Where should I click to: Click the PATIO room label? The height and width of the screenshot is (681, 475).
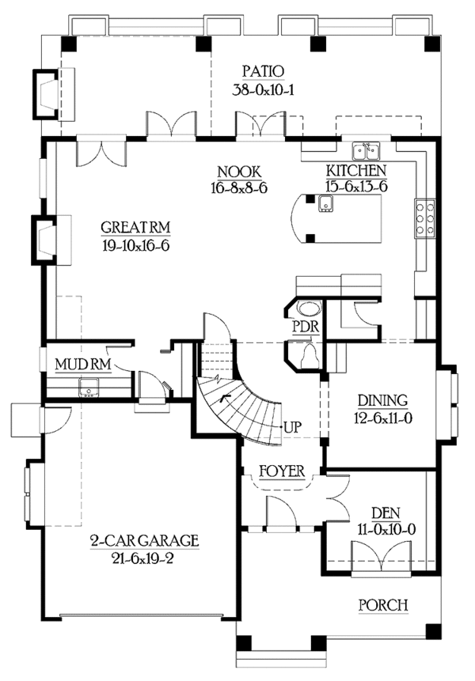tap(258, 72)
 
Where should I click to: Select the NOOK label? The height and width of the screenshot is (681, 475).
tap(239, 172)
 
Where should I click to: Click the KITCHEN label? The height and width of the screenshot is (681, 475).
tap(356, 171)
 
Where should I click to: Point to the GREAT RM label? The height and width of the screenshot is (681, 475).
tap(136, 229)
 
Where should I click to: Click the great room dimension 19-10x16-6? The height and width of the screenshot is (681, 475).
tap(136, 245)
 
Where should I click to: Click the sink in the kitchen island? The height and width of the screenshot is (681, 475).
tap(325, 205)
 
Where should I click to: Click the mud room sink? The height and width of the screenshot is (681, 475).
tap(88, 387)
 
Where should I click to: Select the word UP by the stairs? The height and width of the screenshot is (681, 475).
tap(292, 427)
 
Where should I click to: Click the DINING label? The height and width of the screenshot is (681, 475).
tap(382, 399)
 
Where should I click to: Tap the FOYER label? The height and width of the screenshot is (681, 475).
tap(282, 471)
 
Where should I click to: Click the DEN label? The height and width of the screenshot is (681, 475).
tap(382, 513)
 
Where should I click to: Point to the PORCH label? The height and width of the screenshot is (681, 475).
tap(383, 605)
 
